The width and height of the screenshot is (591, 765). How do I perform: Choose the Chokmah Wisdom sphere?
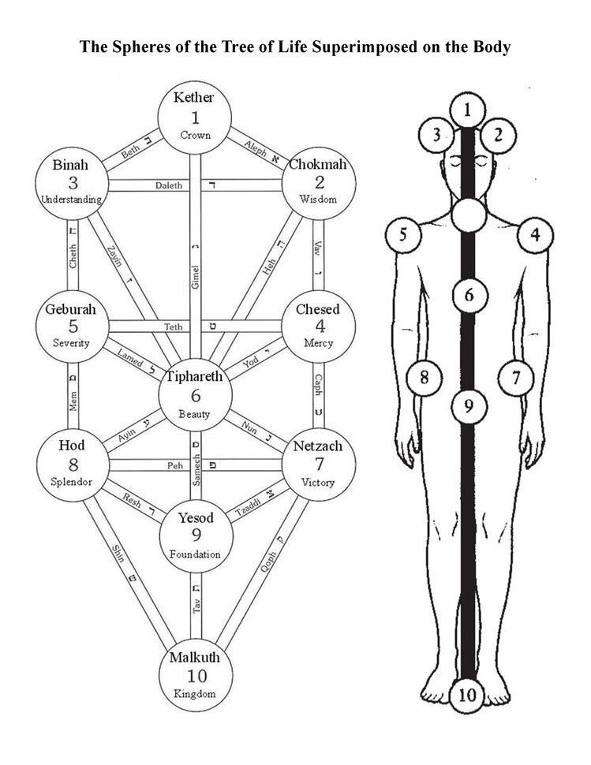tap(318, 182)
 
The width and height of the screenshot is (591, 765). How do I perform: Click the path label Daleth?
tap(168, 185)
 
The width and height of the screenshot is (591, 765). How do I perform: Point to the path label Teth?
tap(173, 327)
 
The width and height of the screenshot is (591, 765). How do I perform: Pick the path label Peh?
tap(175, 466)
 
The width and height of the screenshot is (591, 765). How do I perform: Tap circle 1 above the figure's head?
tap(468, 110)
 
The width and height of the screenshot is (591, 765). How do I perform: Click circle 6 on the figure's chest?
tap(468, 296)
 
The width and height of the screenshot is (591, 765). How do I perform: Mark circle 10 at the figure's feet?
tap(468, 694)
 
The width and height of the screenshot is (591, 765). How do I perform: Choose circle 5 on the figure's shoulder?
tap(403, 235)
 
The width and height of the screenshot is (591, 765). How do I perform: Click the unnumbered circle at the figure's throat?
tap(468, 213)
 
